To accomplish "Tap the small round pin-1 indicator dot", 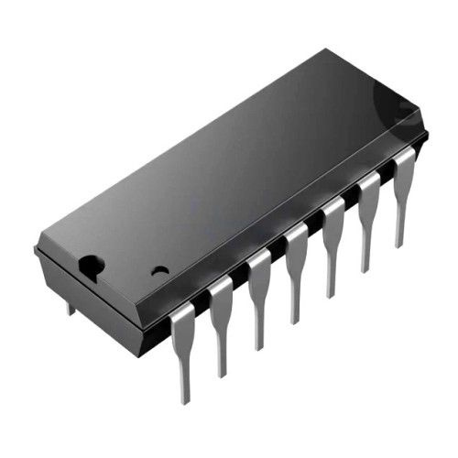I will [160, 271].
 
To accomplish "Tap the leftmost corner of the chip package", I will [36, 248].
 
